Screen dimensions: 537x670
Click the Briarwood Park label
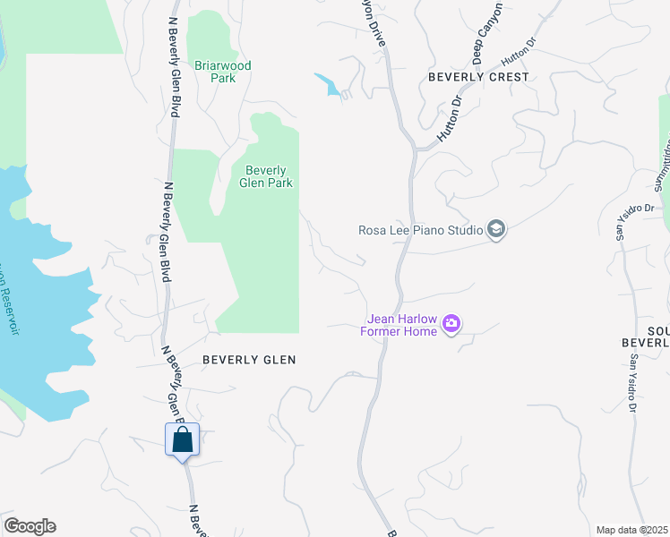tap(223, 72)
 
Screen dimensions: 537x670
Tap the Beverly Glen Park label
tap(266, 176)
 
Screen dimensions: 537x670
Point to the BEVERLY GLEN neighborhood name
tap(249, 359)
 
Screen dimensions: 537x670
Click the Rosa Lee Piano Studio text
tap(420, 230)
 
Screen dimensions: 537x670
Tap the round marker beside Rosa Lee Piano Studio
tap(496, 230)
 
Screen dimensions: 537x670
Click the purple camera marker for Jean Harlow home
tap(451, 323)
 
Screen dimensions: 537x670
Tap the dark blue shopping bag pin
tap(183, 439)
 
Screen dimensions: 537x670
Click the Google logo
tap(30, 526)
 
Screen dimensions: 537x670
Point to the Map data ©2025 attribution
tap(631, 530)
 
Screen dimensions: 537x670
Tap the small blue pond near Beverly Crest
tap(327, 84)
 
